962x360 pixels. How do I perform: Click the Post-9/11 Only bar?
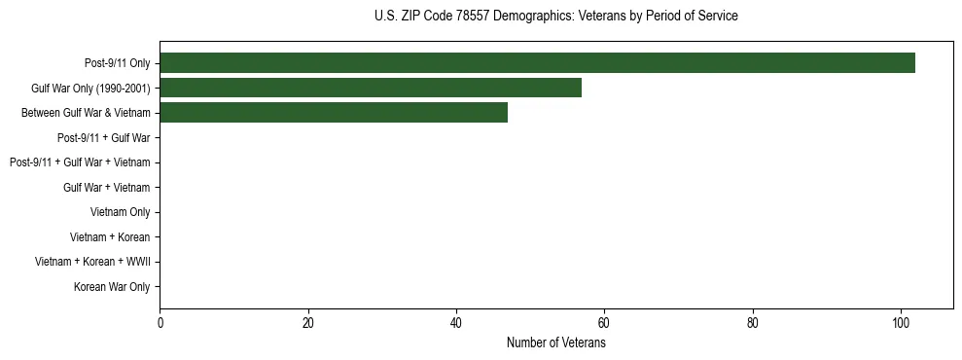point(537,63)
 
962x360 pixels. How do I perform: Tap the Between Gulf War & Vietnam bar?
point(333,113)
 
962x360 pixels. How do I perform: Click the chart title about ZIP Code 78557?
point(555,17)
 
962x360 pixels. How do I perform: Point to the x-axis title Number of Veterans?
point(555,343)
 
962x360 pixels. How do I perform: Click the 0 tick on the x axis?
point(160,324)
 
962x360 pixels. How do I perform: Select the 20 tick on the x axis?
point(308,324)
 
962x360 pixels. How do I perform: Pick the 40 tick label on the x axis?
point(456,324)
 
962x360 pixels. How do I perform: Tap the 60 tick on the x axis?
point(604,324)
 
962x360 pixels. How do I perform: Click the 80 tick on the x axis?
point(753,324)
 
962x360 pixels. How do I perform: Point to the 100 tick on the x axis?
point(901,324)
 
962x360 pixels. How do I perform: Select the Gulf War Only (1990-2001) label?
point(90,89)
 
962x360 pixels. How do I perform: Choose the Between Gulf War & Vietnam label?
point(86,113)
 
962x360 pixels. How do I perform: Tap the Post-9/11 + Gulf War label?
point(103,138)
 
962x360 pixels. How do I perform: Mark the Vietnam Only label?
point(120,212)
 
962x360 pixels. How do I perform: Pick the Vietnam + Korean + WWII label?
point(92,262)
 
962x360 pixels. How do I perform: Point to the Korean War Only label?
point(112,287)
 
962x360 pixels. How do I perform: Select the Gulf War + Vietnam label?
point(106,188)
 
